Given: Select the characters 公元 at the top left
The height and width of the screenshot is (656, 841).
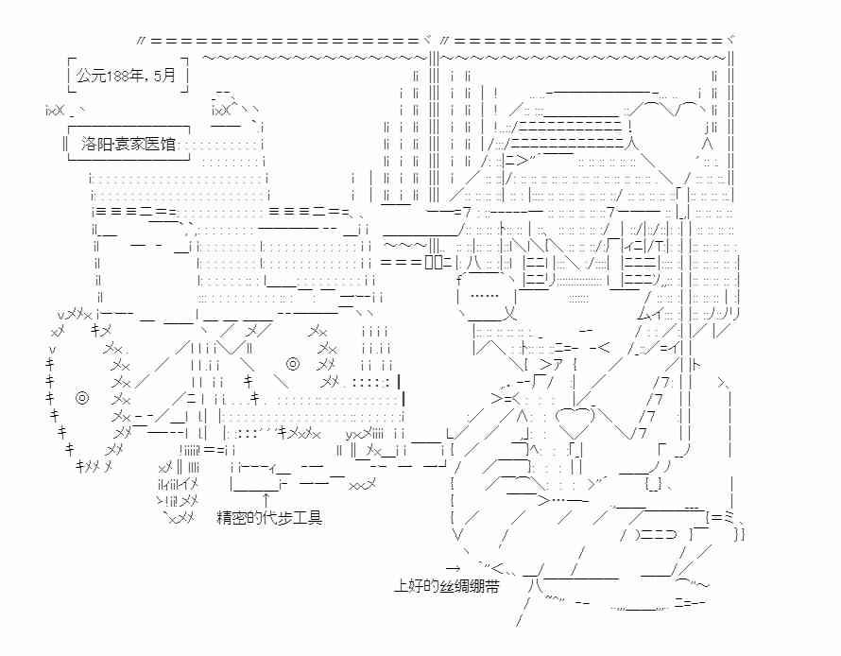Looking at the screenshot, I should click(91, 76).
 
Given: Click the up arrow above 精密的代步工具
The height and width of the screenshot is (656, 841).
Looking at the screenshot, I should click(266, 498).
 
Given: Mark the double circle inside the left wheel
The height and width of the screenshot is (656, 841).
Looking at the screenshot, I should click(82, 398).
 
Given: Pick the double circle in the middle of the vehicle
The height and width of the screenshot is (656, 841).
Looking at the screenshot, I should click(293, 364).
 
